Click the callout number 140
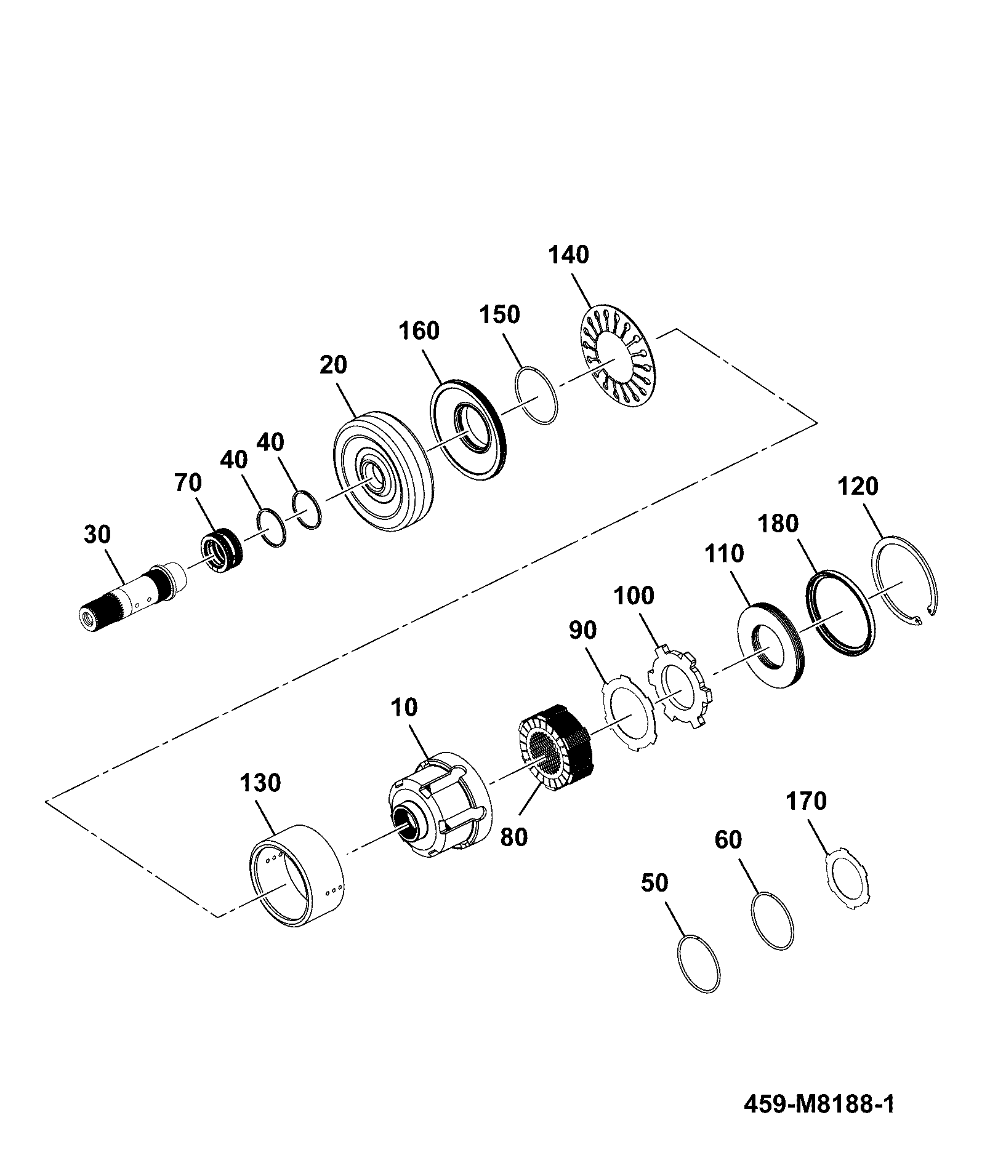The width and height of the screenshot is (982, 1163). click(x=568, y=255)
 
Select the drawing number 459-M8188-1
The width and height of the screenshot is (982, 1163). click(x=819, y=1105)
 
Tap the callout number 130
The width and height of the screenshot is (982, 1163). click(x=260, y=783)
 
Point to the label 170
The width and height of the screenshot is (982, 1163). click(x=806, y=802)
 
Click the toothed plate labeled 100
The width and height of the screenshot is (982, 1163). click(x=679, y=686)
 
